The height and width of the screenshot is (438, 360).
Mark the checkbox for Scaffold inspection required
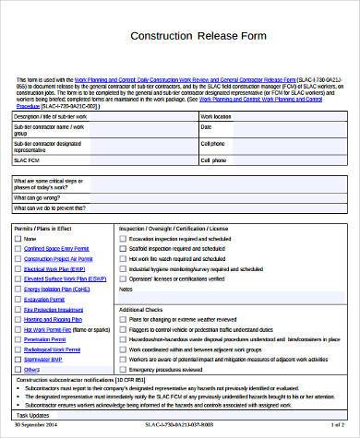click(123, 249)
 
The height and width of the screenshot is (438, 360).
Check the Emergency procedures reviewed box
click(123, 368)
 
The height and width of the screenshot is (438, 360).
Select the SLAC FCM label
click(30, 158)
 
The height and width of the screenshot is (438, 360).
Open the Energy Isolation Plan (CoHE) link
click(56, 288)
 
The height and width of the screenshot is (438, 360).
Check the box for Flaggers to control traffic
click(123, 329)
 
